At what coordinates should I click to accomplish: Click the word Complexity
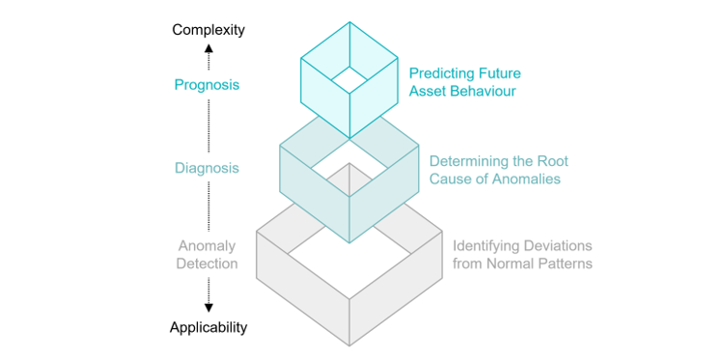click(x=208, y=30)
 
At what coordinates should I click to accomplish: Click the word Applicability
click(x=208, y=328)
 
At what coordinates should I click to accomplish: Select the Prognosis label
click(x=207, y=85)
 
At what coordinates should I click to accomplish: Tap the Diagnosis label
click(x=207, y=168)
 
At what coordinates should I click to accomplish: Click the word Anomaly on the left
click(x=207, y=246)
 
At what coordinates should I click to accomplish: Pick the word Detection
click(x=208, y=264)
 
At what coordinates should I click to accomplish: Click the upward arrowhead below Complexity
click(x=208, y=47)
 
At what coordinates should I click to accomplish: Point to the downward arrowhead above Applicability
click(x=208, y=308)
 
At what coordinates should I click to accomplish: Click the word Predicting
click(x=442, y=73)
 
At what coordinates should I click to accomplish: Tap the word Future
click(x=500, y=73)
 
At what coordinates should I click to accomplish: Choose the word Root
click(x=555, y=161)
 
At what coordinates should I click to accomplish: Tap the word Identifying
click(x=485, y=246)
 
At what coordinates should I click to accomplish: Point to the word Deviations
click(x=557, y=246)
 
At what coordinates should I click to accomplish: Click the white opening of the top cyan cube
click(x=349, y=80)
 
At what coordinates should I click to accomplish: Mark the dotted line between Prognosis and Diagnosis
click(x=208, y=126)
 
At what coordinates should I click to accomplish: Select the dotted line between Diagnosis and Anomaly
click(x=208, y=207)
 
